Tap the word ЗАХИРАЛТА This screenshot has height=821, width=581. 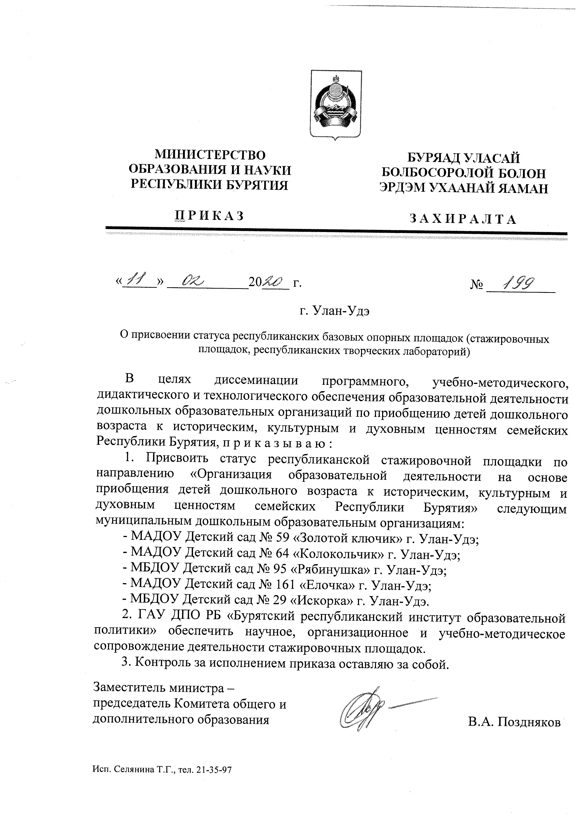(463, 219)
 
